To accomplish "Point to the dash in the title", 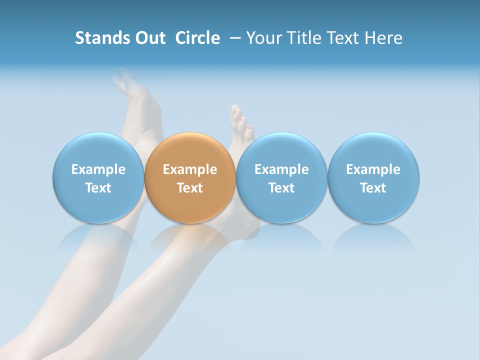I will pos(234,38).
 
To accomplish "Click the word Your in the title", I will pos(263,38).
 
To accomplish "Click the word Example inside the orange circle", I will pos(190,170).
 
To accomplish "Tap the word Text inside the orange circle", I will pos(190,188).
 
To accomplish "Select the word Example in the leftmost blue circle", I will pos(98,170).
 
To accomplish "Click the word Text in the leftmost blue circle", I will pos(98,188).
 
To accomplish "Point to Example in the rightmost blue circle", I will pos(373,170).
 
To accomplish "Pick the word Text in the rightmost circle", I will pos(373,188).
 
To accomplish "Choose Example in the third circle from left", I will pos(281,170).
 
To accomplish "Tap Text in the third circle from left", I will pos(281,188).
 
